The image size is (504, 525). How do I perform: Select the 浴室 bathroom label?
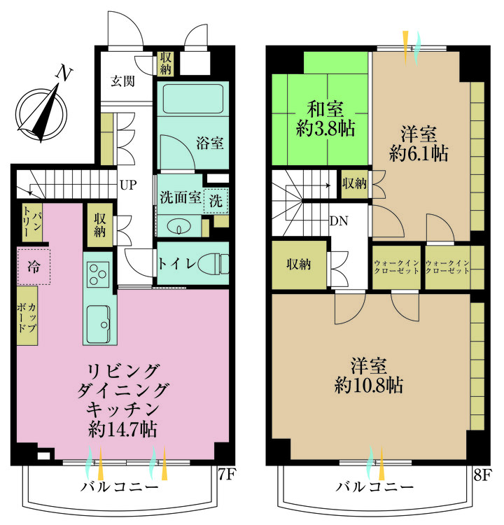point(210,144)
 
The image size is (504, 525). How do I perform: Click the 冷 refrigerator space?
point(34,267)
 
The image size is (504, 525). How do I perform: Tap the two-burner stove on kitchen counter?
point(98,274)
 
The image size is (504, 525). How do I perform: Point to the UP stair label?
point(128,185)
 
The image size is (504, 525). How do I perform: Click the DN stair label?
point(339,221)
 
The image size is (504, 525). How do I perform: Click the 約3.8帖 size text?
point(325,128)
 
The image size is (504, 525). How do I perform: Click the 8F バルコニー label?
point(374,486)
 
